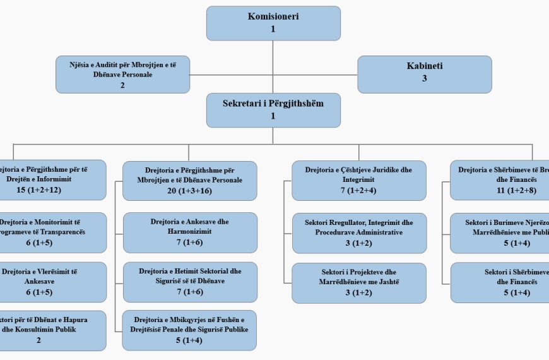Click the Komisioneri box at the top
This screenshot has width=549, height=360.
point(273,23)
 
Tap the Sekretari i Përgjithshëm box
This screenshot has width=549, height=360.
point(273,110)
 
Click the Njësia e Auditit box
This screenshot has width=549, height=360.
point(122,75)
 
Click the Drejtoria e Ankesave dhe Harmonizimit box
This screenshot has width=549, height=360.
point(190,232)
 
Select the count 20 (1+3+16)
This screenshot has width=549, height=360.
point(190,190)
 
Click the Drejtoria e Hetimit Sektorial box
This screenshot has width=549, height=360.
point(190,282)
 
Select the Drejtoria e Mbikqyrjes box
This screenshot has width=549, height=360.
point(190,330)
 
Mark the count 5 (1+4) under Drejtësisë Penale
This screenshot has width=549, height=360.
point(190,340)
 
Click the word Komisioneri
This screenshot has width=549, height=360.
point(273,16)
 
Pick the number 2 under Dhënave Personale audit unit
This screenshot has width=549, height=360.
point(122,85)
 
